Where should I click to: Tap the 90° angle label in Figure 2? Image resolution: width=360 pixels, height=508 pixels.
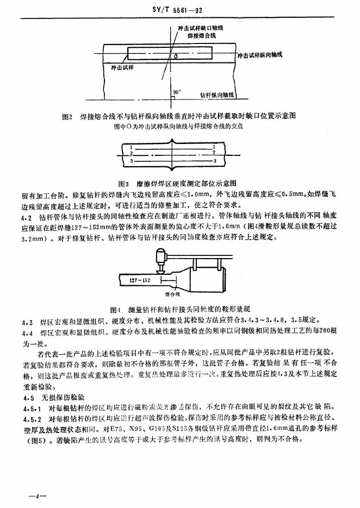177,92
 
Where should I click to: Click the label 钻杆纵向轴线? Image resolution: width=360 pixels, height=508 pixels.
217,95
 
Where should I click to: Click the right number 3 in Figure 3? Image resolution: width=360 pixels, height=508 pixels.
215,161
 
